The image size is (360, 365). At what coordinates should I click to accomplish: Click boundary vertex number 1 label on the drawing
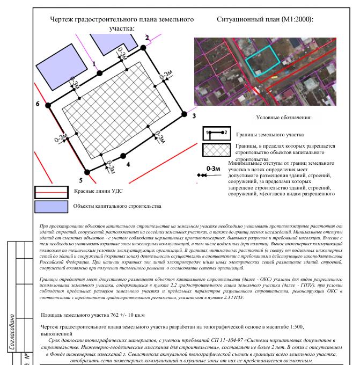(x=95, y=63)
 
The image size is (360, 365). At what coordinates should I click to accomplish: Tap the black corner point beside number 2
(x=144, y=48)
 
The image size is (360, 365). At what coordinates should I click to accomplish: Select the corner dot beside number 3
(x=185, y=114)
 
